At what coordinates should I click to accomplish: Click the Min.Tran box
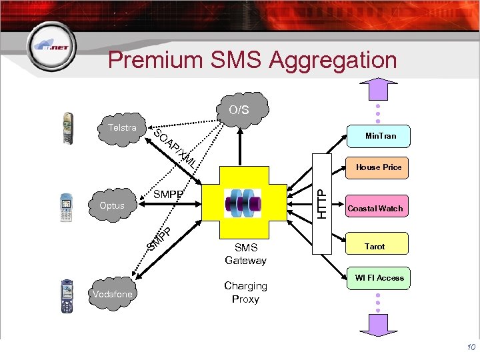point(380,136)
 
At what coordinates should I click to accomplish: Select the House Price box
point(378,167)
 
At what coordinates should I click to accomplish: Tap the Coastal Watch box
point(375,209)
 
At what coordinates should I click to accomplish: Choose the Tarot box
point(375,247)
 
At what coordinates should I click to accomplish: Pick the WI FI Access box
point(379,278)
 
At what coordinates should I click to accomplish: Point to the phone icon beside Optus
point(66,207)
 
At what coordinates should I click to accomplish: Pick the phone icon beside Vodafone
point(67,295)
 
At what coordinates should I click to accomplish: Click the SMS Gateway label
point(245,254)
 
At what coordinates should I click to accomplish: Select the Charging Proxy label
point(245,292)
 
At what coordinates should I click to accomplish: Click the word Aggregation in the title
point(333,61)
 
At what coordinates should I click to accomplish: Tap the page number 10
point(471,347)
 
